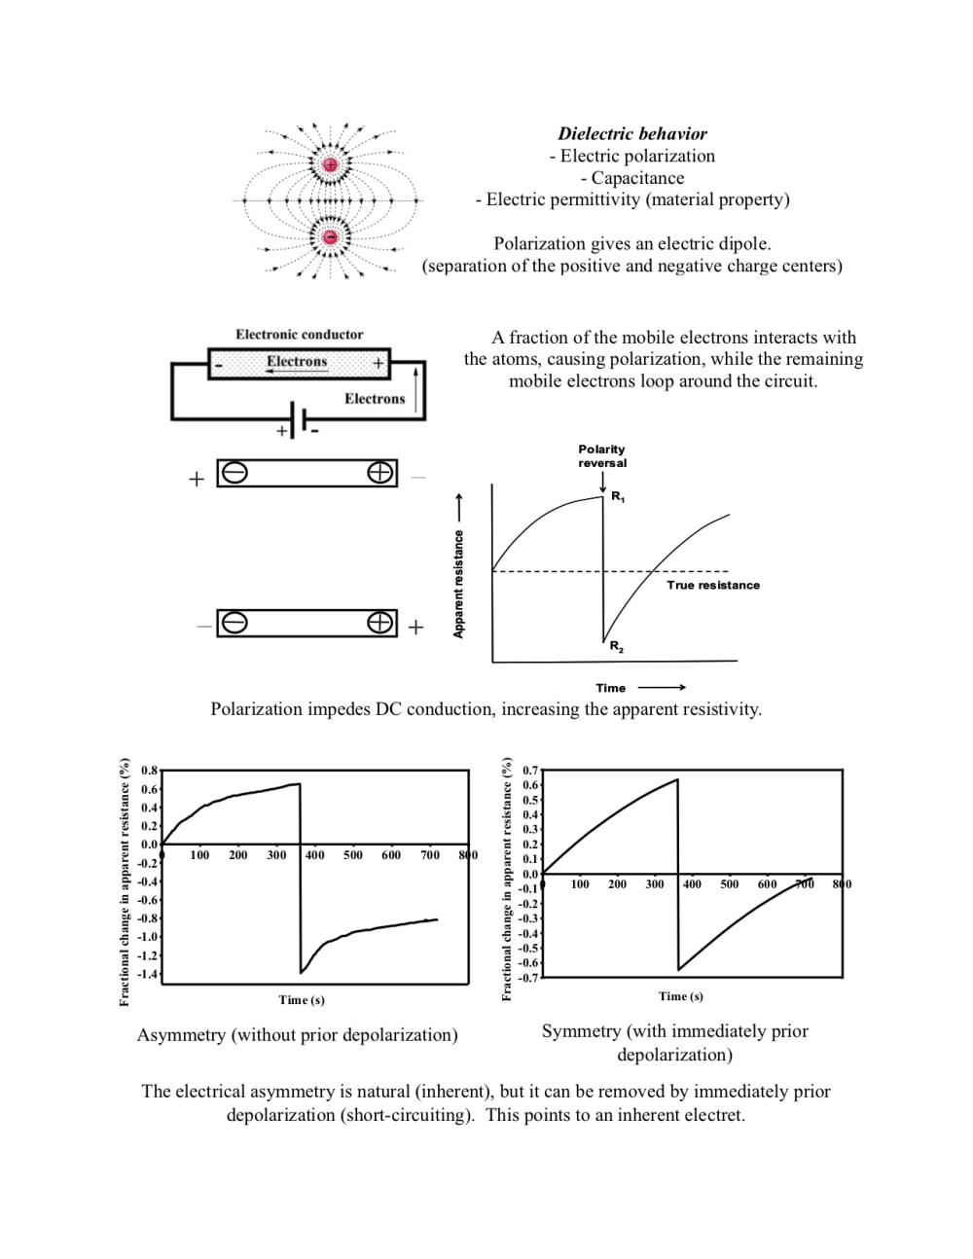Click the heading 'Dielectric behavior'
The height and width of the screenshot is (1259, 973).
point(632,134)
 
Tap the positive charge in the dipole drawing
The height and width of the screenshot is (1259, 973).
point(330,164)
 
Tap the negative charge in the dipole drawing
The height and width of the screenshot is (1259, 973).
point(330,237)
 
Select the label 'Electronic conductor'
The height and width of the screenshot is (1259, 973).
point(299,335)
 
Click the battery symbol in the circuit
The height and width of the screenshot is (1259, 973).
point(298,419)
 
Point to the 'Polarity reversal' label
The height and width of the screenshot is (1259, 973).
point(602,456)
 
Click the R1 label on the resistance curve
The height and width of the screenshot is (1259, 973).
point(618,497)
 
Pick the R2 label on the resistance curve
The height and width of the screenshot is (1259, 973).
point(617,646)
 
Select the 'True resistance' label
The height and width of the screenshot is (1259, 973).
point(713,586)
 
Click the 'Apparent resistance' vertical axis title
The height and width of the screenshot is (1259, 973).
point(458,584)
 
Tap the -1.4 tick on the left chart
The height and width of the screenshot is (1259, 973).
point(148,974)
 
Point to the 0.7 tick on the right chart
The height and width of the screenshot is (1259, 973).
point(530,771)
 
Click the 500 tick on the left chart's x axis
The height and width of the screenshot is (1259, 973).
point(352,855)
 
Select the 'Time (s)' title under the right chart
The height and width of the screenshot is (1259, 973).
point(681,996)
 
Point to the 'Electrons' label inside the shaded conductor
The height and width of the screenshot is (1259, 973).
point(297,362)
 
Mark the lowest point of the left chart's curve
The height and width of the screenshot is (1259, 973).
point(302,972)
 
